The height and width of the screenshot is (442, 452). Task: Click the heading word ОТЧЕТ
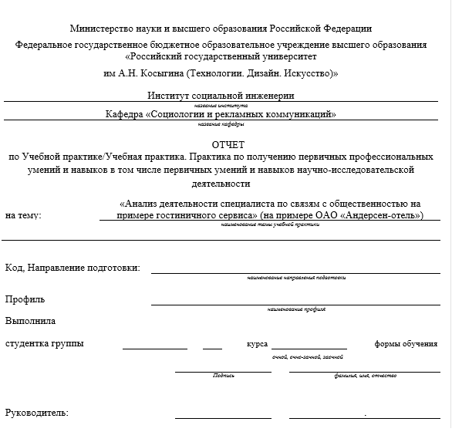coord(227,144)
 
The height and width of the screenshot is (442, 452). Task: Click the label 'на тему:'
coord(23,215)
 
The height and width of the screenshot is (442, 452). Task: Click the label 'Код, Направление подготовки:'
coord(73,268)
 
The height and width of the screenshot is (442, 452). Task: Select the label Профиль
coord(25,299)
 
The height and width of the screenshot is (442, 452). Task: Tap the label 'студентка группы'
coord(45,343)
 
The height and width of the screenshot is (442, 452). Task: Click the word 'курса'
coord(257,343)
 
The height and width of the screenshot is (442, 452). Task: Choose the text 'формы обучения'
coord(406,343)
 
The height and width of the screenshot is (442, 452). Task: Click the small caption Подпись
coord(223,376)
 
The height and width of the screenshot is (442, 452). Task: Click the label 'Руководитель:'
coord(36,413)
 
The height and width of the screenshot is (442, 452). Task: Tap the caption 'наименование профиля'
coord(296,309)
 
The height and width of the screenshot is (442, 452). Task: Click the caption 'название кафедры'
coord(221,123)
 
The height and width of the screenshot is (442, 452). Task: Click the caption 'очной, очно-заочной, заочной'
coord(308,357)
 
